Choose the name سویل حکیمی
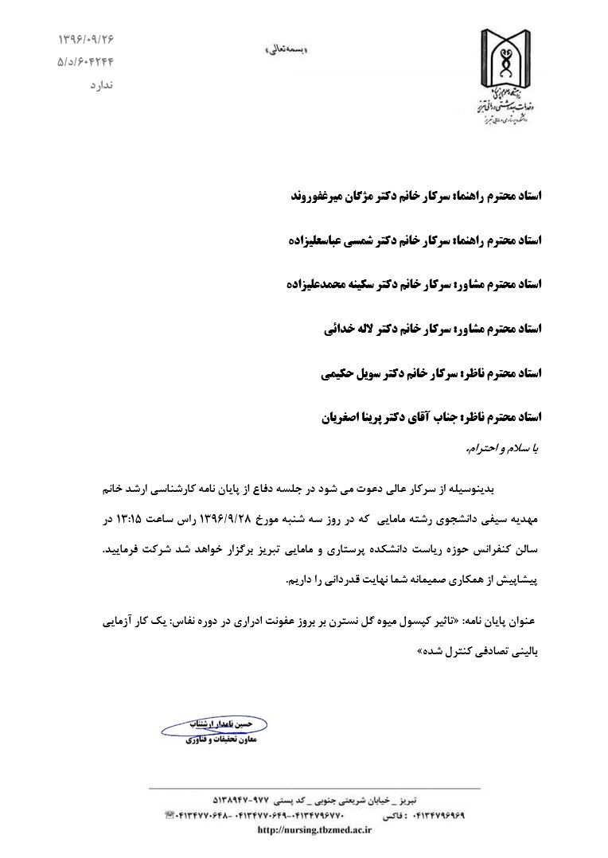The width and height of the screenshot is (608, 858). pos(342,372)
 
